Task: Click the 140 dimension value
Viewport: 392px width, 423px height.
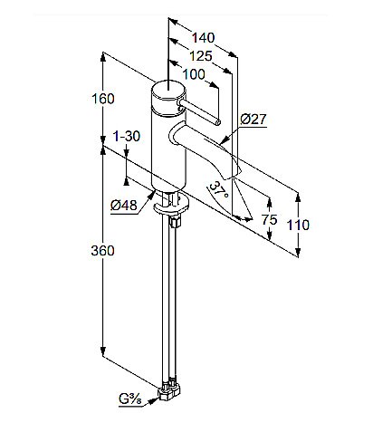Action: click(x=204, y=38)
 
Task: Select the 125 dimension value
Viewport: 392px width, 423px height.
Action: click(x=201, y=56)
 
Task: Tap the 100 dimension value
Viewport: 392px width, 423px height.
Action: click(x=194, y=74)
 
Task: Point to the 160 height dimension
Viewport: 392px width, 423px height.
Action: click(x=103, y=99)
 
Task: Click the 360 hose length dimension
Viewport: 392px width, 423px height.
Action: click(x=103, y=251)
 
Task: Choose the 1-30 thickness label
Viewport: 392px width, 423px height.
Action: click(x=127, y=137)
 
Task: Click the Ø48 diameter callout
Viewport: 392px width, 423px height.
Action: click(x=124, y=206)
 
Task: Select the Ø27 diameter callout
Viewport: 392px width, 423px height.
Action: click(x=253, y=120)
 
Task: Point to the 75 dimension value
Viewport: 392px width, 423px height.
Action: click(x=269, y=219)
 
